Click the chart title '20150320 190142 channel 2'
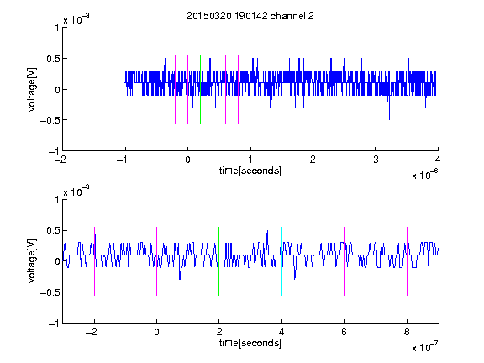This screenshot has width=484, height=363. coord(250,16)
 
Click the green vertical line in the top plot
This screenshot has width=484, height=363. coord(200,89)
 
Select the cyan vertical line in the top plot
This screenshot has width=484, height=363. coord(213,89)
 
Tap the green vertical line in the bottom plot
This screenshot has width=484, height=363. coord(218,261)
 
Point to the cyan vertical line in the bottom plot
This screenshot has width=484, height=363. coord(281,261)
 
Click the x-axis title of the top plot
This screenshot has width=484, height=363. coord(250,171)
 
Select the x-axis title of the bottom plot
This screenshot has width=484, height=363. coord(250,343)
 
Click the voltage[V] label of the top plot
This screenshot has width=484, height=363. coord(32,90)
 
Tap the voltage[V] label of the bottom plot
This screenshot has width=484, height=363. coord(32,261)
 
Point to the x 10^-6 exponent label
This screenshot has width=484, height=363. coord(425,175)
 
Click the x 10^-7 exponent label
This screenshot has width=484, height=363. coord(425,347)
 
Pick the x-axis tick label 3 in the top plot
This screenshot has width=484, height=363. coord(376,160)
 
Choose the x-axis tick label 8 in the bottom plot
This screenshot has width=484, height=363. coord(407,332)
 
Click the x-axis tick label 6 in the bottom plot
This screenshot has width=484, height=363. coord(345,332)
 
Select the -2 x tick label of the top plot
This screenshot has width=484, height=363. coord(60,160)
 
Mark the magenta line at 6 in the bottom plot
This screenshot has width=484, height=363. coord(345,261)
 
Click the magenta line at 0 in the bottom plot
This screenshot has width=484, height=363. coord(157,261)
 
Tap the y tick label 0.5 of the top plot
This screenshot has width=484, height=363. coord(52,59)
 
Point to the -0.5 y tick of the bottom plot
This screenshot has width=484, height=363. coord(50,292)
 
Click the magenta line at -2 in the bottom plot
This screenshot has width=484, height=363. coord(94,261)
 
